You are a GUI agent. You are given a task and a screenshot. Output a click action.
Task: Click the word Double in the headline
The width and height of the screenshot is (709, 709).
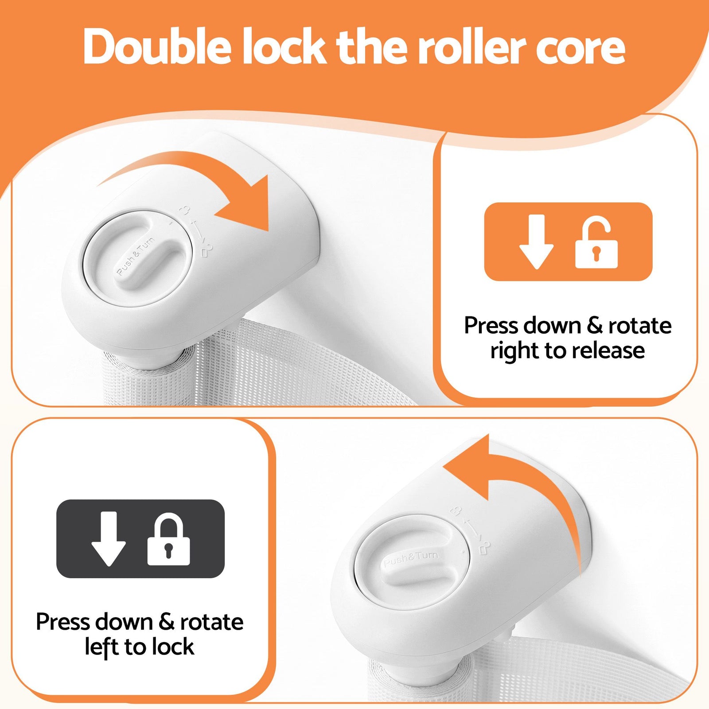(x=157, y=46)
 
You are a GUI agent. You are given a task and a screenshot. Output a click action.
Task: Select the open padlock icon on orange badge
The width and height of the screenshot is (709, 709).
(x=596, y=242)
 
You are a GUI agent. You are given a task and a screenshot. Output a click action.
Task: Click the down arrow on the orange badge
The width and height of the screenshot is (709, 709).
(x=537, y=242)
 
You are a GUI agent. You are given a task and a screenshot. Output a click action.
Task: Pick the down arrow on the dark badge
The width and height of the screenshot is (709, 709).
(x=109, y=539)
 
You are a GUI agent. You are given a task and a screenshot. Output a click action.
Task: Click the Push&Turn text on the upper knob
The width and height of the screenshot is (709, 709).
(x=136, y=256)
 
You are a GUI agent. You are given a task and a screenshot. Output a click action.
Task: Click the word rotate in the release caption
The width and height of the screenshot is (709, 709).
(x=640, y=326)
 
